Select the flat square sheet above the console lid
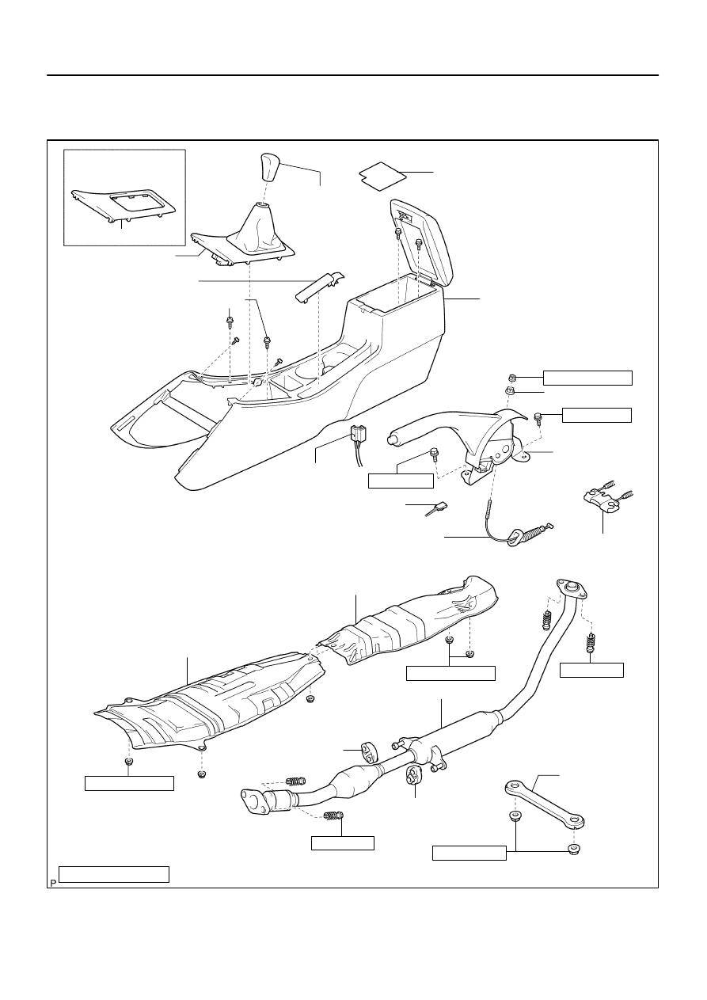click(x=382, y=176)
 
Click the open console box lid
click(x=422, y=242)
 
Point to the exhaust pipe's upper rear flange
click(x=572, y=589)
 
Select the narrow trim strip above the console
click(x=320, y=287)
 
